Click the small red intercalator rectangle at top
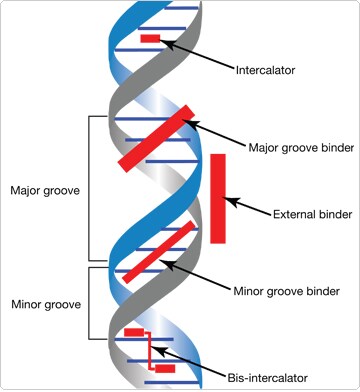click(150, 38)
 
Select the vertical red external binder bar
click(218, 198)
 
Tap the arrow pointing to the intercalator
click(200, 54)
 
